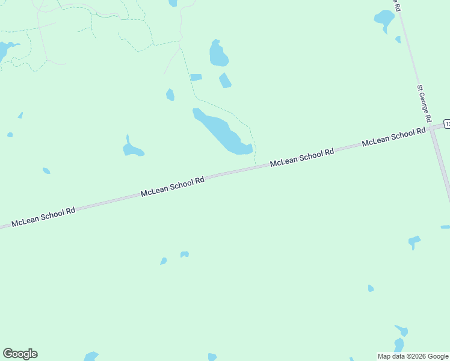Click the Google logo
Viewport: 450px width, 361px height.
point(20,354)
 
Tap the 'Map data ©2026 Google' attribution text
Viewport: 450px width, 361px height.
point(413,356)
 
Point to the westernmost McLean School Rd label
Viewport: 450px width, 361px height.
point(43,217)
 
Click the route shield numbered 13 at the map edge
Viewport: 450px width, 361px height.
point(446,123)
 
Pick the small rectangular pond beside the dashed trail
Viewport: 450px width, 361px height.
point(196,77)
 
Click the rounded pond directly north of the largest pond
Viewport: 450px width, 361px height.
point(218,54)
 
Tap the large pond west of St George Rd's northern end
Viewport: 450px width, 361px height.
point(384,19)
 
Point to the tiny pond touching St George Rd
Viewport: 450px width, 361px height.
point(398,40)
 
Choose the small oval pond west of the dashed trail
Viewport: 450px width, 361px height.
point(170,94)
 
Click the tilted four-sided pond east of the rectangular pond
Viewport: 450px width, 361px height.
point(225,80)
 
